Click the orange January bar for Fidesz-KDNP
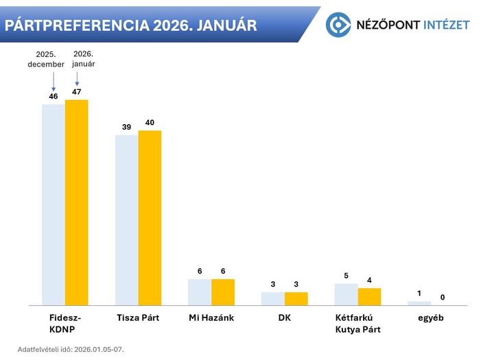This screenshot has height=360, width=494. (77, 202)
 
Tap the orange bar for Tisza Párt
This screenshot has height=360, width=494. (150, 217)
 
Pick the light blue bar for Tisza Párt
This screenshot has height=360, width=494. (126, 219)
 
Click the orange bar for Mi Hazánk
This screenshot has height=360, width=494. (223, 291)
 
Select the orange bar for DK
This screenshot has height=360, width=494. (296, 298)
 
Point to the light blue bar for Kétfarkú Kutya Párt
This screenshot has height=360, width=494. (346, 293)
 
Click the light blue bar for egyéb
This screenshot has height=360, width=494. (419, 302)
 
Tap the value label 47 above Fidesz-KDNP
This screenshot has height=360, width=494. (77, 91)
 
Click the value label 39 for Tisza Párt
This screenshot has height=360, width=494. (126, 127)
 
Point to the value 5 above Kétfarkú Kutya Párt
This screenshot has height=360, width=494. (346, 275)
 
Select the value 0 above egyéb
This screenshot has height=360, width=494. (443, 297)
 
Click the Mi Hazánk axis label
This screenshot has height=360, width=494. (211, 318)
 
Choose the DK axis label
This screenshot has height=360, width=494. (284, 318)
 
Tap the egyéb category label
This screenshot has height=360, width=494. (431, 318)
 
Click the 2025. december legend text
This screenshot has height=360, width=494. (46, 59)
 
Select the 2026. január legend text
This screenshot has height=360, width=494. (83, 58)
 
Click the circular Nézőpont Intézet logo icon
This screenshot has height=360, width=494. (338, 25)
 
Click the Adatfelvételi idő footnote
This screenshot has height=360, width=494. (71, 349)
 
